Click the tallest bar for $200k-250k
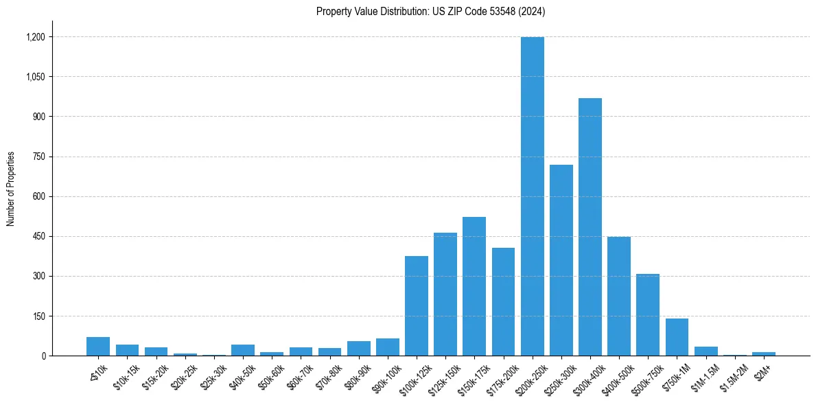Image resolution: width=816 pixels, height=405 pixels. [532, 196]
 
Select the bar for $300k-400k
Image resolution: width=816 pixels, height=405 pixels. [590, 227]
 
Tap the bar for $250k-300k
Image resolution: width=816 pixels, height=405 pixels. [561, 260]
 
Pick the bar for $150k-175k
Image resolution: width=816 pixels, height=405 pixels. [474, 286]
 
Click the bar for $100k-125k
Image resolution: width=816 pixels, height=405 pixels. [417, 306]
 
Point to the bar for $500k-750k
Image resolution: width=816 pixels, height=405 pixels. [648, 315]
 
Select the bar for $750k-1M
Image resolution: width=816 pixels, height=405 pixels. [677, 337]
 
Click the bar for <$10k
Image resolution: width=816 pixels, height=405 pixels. [98, 347]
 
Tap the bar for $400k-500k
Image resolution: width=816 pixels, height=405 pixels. [619, 297]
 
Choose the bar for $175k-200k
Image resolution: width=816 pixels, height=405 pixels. [503, 302]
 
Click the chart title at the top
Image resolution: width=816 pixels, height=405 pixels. [430, 12]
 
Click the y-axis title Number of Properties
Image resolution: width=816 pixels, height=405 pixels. [11, 189]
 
